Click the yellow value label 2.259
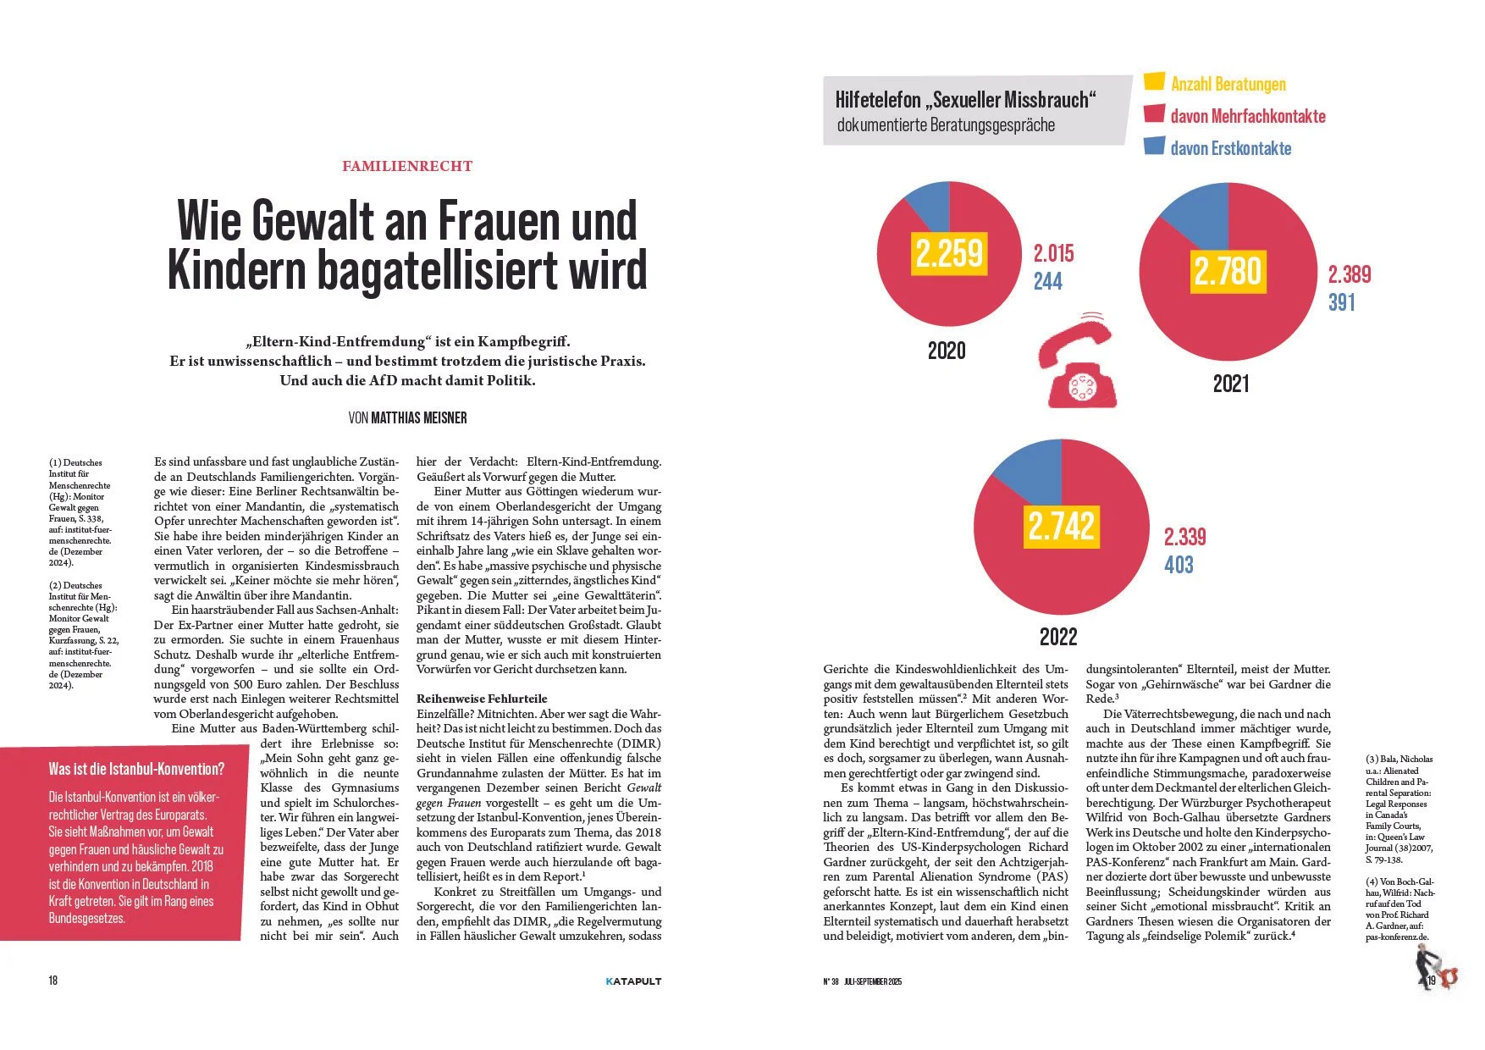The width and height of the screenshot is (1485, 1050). [x=949, y=253]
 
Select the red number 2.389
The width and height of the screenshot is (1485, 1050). [x=1350, y=274]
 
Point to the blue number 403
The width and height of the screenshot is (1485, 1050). [x=1179, y=565]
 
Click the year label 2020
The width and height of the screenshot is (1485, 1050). [x=947, y=351]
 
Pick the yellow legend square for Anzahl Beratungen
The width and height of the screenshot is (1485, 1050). [x=1154, y=81]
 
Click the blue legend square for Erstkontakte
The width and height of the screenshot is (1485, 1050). [x=1154, y=146]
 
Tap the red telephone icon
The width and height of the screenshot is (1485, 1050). [x=1079, y=361]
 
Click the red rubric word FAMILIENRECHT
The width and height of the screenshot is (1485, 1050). [x=407, y=166]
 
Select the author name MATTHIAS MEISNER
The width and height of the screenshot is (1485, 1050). [x=419, y=417]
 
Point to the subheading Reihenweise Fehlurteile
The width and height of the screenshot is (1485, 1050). [x=482, y=699]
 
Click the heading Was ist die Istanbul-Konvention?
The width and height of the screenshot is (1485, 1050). [x=136, y=769]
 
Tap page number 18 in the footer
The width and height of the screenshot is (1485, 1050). [x=53, y=981]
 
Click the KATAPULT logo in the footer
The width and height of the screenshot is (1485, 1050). [x=633, y=981]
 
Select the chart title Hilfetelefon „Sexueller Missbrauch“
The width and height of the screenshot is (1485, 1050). [x=965, y=100]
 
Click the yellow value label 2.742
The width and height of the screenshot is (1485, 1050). [x=1061, y=526]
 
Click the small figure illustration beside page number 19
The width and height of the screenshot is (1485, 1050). [x=1435, y=969]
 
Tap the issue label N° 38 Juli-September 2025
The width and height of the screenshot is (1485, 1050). [x=863, y=981]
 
